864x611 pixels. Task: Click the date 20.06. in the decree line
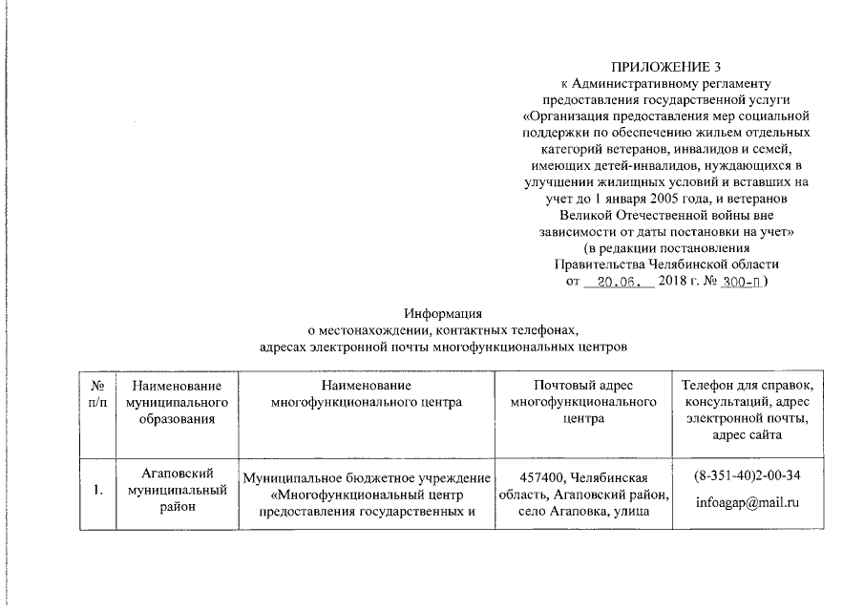click(617, 283)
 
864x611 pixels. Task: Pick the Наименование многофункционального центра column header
click(367, 393)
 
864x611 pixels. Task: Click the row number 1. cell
click(96, 492)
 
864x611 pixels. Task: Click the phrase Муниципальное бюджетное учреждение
click(367, 478)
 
